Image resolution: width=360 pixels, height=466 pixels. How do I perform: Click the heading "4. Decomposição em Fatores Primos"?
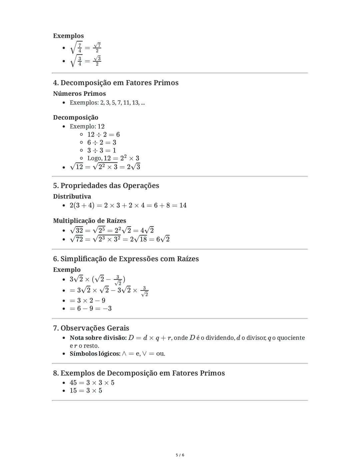[116, 83]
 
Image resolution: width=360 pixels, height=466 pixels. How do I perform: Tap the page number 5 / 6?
[180, 455]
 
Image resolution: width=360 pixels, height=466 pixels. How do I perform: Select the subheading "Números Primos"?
[79, 94]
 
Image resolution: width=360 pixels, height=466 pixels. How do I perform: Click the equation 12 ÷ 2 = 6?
[103, 134]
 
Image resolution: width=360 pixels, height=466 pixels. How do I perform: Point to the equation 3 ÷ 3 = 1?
[102, 150]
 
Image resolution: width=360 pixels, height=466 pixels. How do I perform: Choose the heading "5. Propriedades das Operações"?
[106, 185]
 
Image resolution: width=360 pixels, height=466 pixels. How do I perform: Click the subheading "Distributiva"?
[72, 196]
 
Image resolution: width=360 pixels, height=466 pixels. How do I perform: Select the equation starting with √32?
[112, 230]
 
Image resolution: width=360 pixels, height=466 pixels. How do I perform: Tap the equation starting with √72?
[120, 239]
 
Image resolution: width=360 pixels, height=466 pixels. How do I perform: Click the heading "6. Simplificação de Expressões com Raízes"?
[126, 259]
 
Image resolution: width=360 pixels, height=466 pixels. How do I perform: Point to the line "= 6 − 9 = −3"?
[91, 309]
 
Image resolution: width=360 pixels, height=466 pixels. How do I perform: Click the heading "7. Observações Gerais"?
[91, 328]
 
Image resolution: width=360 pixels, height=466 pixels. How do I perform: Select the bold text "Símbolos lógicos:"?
[95, 354]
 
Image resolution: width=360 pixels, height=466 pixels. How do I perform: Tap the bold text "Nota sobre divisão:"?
[98, 338]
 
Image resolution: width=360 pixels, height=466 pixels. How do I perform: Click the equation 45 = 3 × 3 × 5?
[92, 383]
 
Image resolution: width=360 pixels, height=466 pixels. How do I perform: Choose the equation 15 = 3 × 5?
[86, 391]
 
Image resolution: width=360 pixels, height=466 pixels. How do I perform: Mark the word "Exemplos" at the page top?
[68, 36]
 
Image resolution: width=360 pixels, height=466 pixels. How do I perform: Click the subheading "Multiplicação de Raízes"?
[89, 221]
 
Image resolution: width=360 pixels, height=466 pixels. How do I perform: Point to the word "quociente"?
[291, 338]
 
